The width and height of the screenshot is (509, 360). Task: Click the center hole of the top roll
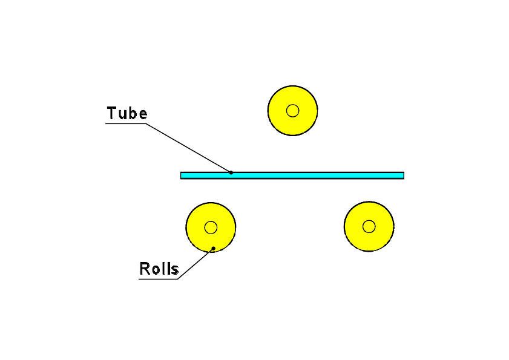(293, 110)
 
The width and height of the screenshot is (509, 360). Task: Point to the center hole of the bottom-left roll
(211, 227)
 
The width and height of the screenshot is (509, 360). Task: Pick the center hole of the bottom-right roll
(369, 227)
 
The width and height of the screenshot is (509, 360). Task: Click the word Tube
(127, 113)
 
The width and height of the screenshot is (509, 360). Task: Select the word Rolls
(159, 269)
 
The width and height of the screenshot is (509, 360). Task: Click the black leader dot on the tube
(231, 172)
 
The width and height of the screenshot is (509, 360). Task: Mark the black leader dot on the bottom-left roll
(213, 248)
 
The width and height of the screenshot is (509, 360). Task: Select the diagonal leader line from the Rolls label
(195, 264)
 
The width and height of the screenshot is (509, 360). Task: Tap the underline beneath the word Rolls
(159, 279)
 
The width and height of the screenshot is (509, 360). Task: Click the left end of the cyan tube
(182, 175)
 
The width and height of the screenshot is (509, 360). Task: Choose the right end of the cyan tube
(402, 175)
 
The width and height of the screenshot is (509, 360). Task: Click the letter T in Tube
(112, 113)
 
